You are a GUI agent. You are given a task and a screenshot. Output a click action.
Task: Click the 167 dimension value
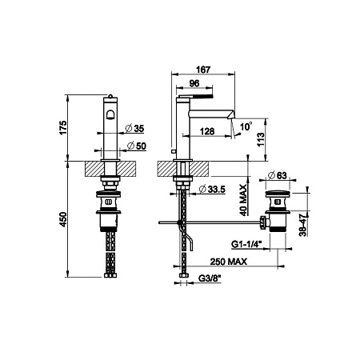pos(203,70)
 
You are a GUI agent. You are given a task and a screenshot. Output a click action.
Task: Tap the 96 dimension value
pos(194,83)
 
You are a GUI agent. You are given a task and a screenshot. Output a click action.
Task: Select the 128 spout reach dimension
pos(207,131)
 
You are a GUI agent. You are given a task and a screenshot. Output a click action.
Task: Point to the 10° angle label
pos(246,126)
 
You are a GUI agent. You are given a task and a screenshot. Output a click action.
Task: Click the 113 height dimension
pos(261,139)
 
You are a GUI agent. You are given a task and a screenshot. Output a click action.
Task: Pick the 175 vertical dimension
pos(63,127)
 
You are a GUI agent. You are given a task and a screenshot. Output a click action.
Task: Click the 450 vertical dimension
pos(63,219)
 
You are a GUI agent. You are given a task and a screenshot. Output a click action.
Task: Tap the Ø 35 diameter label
pos(134,129)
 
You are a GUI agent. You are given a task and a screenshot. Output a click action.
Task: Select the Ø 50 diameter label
pos(137,146)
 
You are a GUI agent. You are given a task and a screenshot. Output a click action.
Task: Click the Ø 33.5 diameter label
pos(212,190)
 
